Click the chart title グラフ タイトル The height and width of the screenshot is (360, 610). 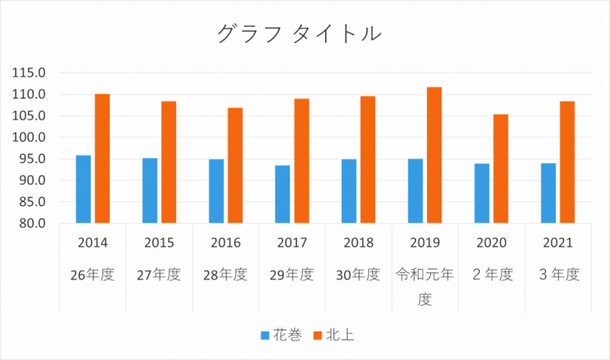299,34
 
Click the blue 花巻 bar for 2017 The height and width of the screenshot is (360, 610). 282,194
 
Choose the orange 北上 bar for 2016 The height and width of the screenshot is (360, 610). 235,166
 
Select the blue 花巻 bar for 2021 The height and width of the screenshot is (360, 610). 547,193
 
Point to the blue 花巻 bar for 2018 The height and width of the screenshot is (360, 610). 348,191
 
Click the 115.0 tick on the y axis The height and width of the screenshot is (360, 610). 30,73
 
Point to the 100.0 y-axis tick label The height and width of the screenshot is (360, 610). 30,138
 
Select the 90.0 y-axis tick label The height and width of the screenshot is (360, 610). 33,181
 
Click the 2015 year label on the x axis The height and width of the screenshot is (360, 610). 159,243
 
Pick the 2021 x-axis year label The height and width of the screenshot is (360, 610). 558,243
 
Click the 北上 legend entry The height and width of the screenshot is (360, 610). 340,335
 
